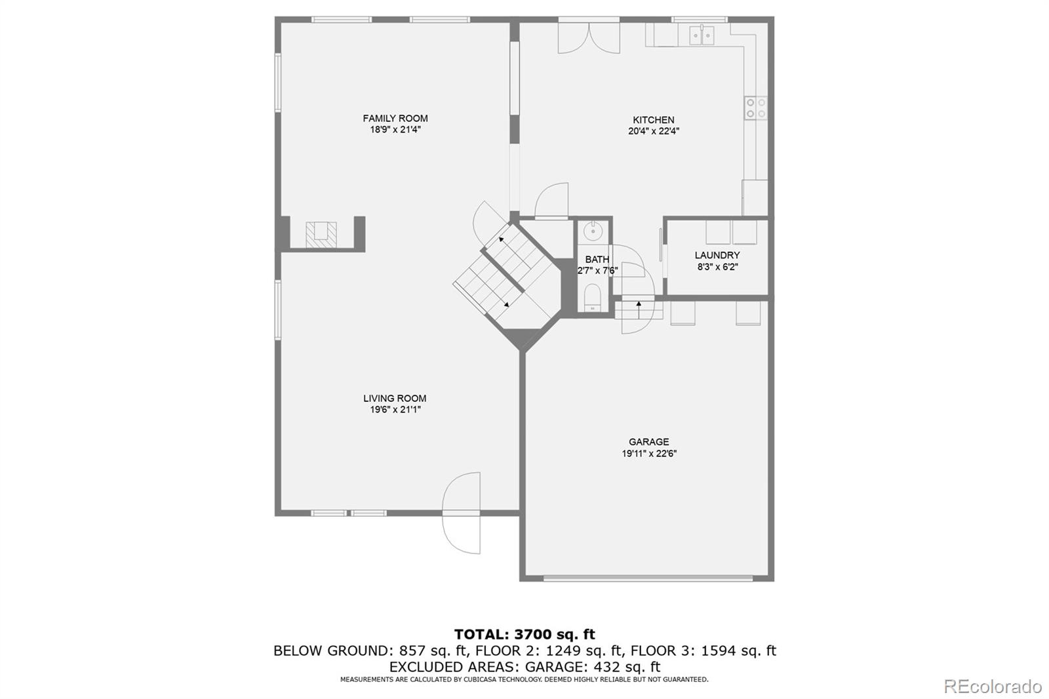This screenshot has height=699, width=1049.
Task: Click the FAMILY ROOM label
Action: pyautogui.click(x=395, y=119)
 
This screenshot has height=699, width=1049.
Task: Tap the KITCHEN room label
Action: pyautogui.click(x=654, y=120)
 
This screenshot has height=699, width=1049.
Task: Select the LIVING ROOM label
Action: pyautogui.click(x=395, y=398)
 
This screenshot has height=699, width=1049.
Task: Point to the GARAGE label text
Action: pyautogui.click(x=649, y=442)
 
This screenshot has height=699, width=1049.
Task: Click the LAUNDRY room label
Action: pyautogui.click(x=717, y=255)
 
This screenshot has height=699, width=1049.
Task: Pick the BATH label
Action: pyautogui.click(x=597, y=259)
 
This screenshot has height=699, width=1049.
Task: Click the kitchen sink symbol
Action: pyautogui.click(x=702, y=35)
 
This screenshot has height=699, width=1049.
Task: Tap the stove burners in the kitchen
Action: pyautogui.click(x=756, y=108)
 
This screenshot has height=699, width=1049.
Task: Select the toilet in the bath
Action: pyautogui.click(x=593, y=298)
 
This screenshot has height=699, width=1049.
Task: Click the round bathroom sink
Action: pyautogui.click(x=593, y=231)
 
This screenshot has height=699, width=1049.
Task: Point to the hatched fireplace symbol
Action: pyautogui.click(x=321, y=235)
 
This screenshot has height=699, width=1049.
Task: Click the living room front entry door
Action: pyautogui.click(x=462, y=513)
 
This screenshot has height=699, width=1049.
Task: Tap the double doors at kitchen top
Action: pyautogui.click(x=589, y=37)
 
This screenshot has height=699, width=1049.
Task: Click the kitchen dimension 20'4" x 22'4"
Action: pyautogui.click(x=654, y=132)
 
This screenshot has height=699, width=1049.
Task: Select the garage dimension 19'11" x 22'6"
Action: pyautogui.click(x=649, y=454)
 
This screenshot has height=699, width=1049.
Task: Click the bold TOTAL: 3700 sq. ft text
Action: pyautogui.click(x=524, y=634)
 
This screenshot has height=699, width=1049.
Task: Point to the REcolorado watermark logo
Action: pyautogui.click(x=993, y=687)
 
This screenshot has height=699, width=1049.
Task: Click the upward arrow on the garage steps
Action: pyautogui.click(x=639, y=310)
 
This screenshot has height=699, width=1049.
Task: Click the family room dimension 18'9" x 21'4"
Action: pyautogui.click(x=395, y=130)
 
